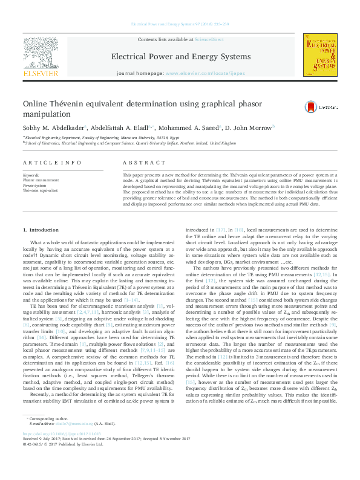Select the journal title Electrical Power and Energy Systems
(x=180, y=56)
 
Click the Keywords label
(x=31, y=174)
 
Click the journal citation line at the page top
(x=180, y=25)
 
